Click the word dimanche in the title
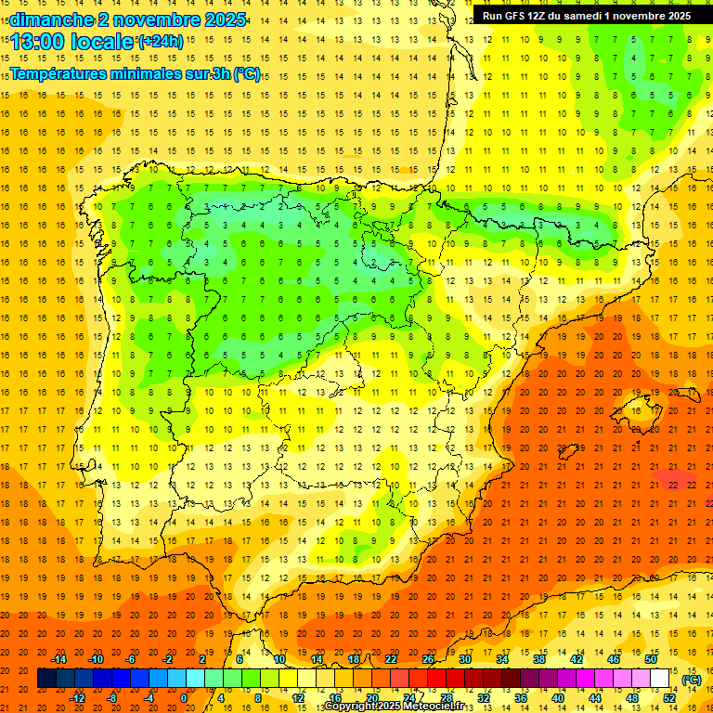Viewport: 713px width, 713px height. pyautogui.click(x=46, y=19)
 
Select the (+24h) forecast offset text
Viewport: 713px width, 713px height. pyautogui.click(x=161, y=41)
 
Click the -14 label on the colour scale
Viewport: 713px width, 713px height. pyautogui.click(x=59, y=659)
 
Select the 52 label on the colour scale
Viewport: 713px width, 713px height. pyautogui.click(x=669, y=698)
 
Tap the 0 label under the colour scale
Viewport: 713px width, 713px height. pyautogui.click(x=184, y=698)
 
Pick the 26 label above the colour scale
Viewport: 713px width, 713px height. pyautogui.click(x=427, y=659)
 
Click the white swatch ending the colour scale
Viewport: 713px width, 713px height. pyautogui.click(x=659, y=679)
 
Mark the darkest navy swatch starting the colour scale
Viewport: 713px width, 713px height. pyautogui.click(x=46, y=679)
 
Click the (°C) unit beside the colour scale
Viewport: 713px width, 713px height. pyautogui.click(x=692, y=680)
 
